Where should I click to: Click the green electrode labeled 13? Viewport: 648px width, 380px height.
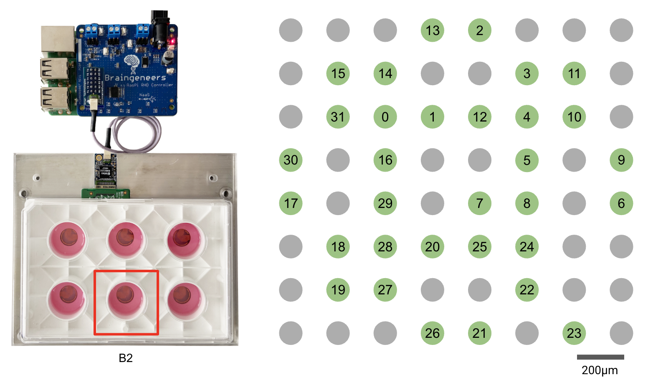432,30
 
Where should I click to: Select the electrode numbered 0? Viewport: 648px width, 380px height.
385,117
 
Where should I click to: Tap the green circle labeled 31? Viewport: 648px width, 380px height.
338,117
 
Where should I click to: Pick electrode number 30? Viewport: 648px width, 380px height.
291,160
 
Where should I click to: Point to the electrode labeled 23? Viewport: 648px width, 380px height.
574,333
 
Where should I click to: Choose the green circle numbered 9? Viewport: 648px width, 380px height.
621,160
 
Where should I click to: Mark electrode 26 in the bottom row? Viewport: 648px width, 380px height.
432,333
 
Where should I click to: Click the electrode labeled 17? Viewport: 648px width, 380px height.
291,203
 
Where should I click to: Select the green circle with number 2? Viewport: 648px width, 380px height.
479,30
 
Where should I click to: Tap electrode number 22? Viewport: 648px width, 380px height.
527,290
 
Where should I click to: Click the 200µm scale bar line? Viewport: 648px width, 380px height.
600,357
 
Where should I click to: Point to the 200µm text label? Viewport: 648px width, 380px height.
600,370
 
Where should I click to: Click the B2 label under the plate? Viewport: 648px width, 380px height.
126,358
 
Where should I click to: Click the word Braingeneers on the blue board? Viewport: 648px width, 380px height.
135,78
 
